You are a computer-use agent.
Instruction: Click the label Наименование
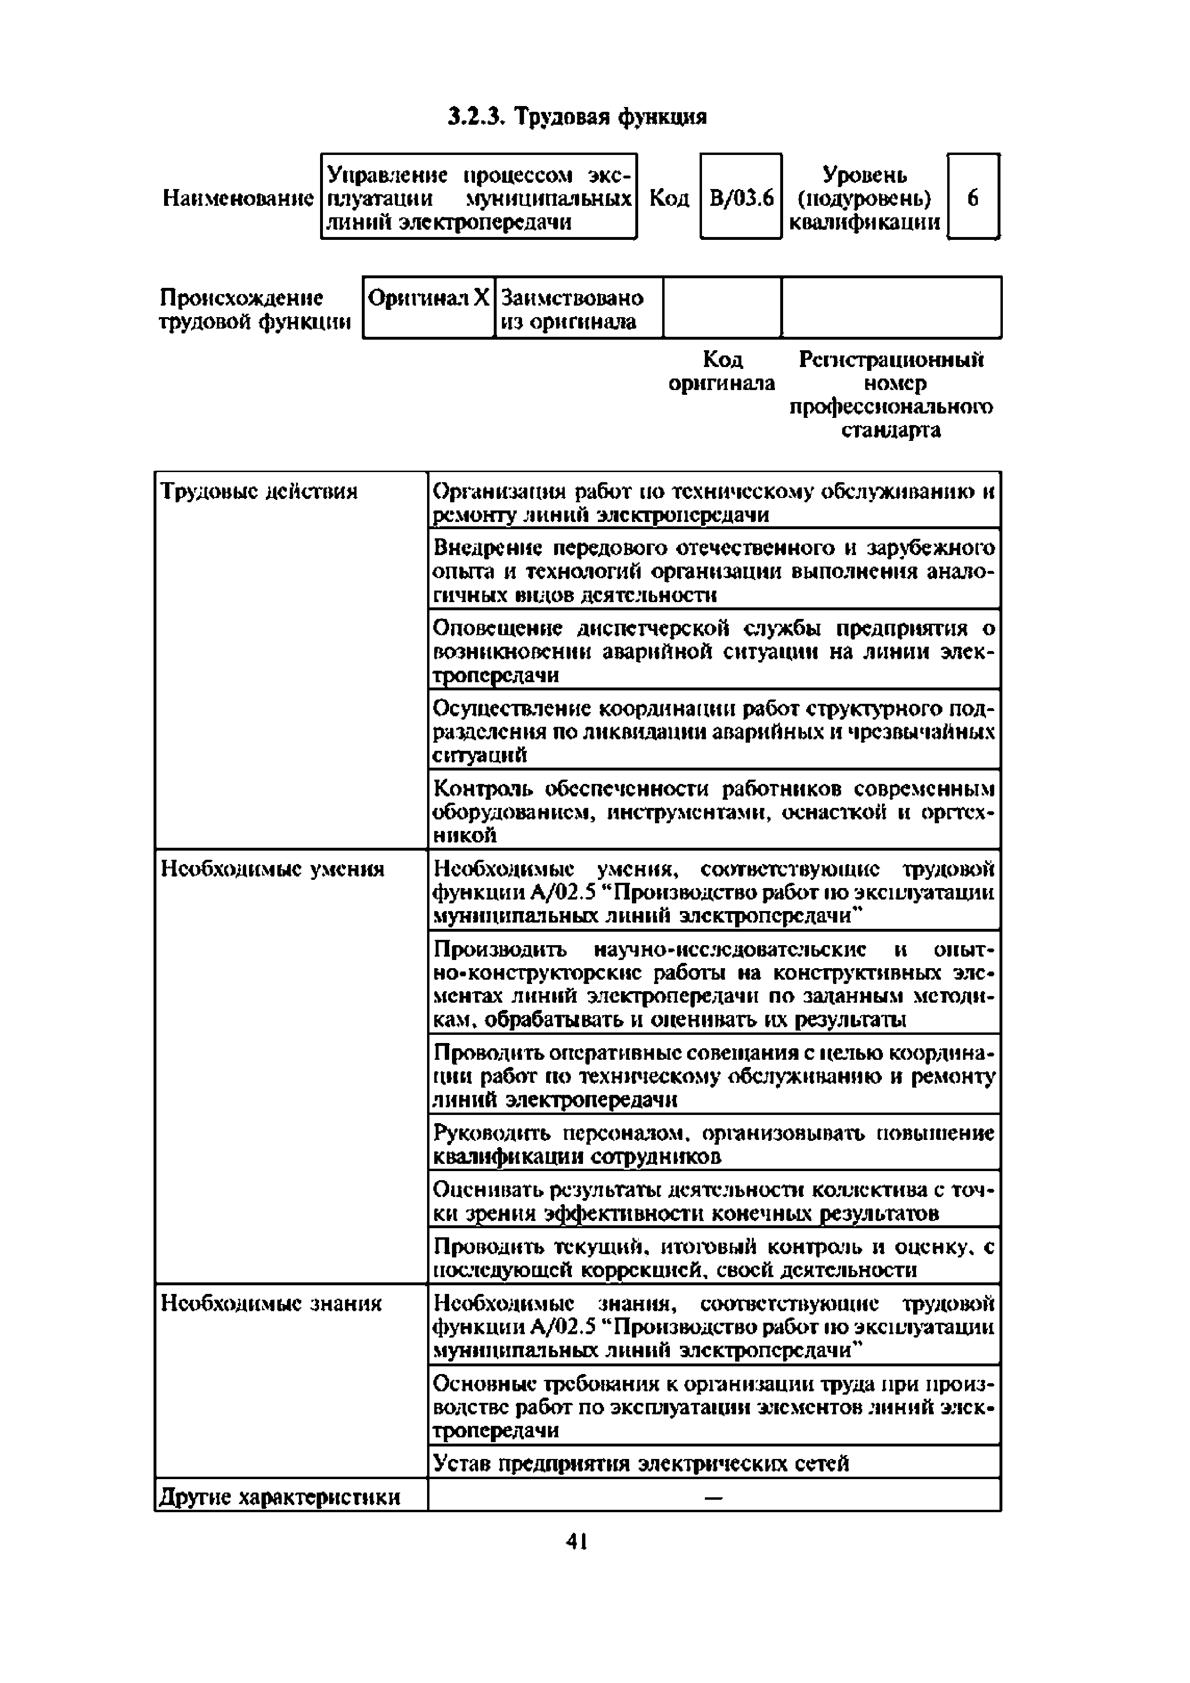click(238, 198)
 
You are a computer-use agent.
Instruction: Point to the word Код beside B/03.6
click(669, 198)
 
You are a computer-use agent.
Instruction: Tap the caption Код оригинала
click(722, 372)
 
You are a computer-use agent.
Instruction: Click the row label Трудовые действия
click(259, 491)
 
